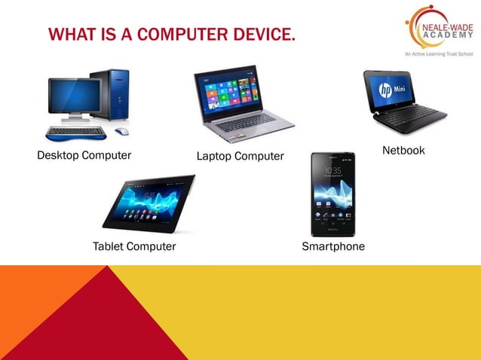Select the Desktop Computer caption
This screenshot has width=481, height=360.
point(84,156)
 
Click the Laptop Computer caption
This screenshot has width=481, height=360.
point(240,157)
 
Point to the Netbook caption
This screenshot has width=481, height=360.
point(403,151)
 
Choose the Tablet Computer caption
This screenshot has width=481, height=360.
point(134,246)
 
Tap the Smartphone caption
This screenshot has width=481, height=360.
point(333,246)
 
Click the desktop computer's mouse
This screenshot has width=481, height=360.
point(121,131)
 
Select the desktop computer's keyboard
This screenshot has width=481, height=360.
point(75,133)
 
